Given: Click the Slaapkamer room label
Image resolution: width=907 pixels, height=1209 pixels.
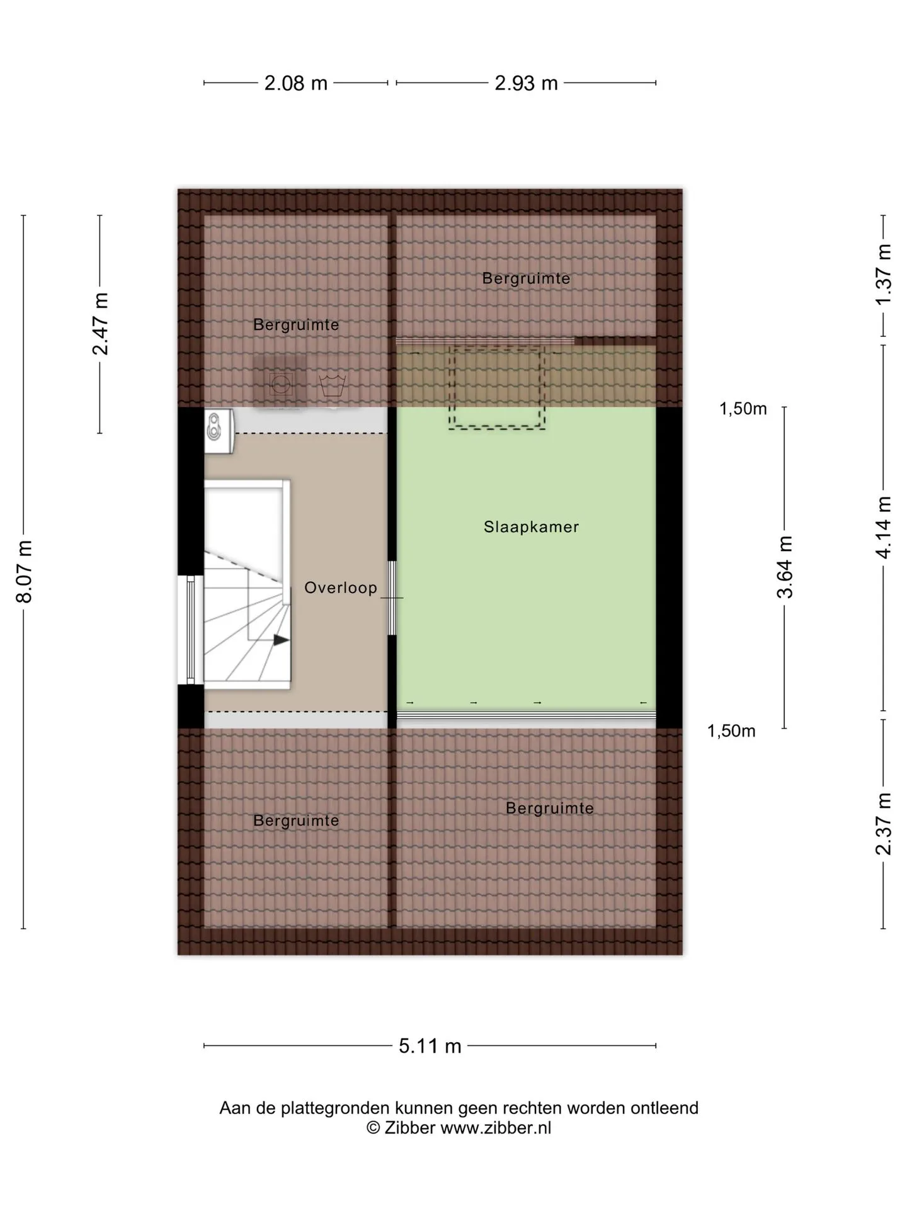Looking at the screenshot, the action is tap(531, 527).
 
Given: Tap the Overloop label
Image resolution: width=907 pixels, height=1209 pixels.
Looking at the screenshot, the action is tap(341, 587).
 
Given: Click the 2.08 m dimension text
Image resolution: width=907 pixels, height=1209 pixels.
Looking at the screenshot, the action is tap(296, 83).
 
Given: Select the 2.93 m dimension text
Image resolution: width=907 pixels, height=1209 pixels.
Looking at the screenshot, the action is tap(526, 83).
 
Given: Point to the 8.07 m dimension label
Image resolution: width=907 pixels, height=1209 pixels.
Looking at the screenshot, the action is tap(24, 572).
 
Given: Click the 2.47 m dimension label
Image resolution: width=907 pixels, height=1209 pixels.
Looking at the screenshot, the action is tap(100, 324).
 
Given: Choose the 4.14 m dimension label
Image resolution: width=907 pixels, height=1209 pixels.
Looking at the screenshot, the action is tap(884, 528).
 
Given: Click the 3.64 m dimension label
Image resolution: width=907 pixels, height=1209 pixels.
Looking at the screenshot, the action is tap(785, 567).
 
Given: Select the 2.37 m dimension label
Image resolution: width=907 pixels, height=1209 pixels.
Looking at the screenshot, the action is tap(884, 824).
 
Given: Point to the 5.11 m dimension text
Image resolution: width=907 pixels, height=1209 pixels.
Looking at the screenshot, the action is tap(430, 1046).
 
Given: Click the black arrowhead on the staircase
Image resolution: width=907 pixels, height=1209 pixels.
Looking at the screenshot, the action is tap(281, 640).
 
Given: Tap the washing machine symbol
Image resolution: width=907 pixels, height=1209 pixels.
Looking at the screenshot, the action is tap(280, 383).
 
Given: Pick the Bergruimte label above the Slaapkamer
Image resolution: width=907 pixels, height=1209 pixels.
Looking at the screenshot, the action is tap(526, 278).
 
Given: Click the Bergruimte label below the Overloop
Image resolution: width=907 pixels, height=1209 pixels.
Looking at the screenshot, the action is tap(296, 820).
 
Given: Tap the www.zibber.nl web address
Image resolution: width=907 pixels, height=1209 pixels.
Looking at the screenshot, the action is tap(496, 1128).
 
